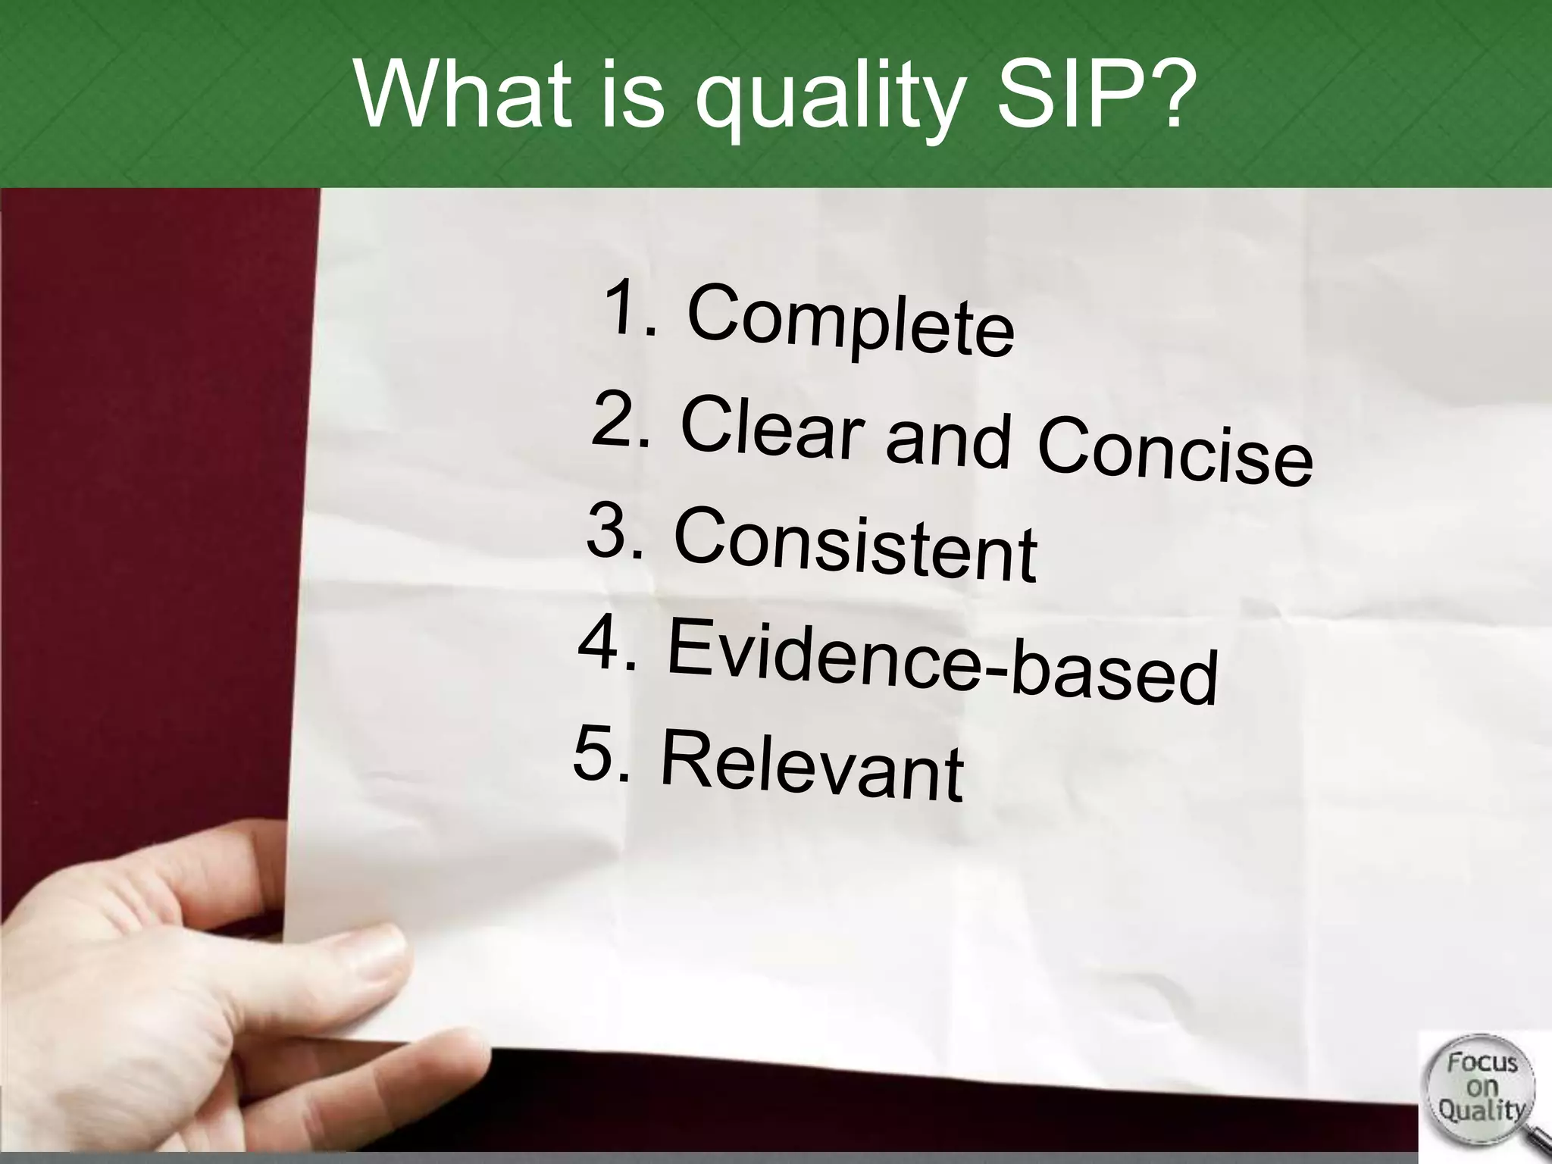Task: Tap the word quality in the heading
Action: click(826, 106)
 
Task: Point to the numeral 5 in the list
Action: click(593, 752)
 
